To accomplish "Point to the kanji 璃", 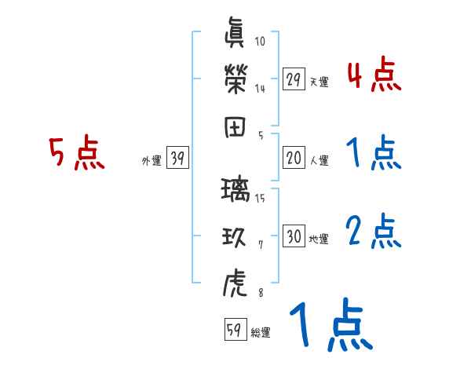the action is coord(235,189).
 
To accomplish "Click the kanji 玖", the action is coord(235,236).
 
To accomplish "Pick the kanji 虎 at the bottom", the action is coord(235,281).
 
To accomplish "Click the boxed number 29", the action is coord(294,79).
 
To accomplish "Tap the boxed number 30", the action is coord(294,237).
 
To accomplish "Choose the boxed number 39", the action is coord(177,159).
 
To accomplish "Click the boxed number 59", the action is coord(235,330).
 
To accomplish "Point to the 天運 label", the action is coord(319,82).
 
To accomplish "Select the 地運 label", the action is coord(319,239).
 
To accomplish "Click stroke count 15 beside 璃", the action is coord(260,197).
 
